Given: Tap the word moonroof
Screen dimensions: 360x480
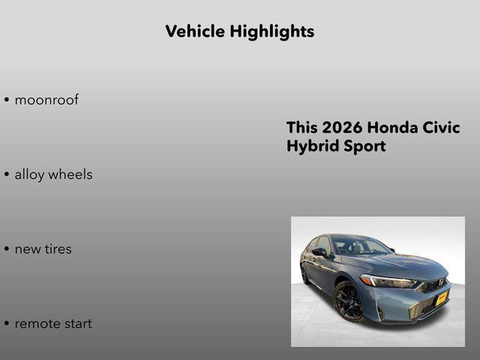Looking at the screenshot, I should [46, 100].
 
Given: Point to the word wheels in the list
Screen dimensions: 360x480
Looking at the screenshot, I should [71, 175].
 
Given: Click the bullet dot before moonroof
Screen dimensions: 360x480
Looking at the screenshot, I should [7, 100].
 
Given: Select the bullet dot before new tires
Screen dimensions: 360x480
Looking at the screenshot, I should [7, 249].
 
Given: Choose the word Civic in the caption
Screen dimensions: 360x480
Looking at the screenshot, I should [444, 127].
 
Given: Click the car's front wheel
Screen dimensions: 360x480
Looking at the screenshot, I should [349, 301].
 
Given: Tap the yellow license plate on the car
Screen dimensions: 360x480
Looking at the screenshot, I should [442, 297].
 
